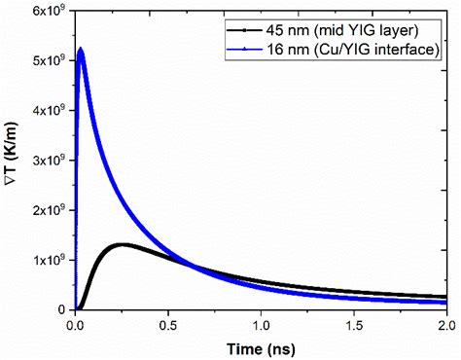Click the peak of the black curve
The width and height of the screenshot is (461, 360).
(122, 244)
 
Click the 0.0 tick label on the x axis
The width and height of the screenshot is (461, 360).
(75, 324)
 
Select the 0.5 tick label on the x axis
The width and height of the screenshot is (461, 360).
(167, 324)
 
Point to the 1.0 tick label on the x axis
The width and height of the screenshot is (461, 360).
(260, 324)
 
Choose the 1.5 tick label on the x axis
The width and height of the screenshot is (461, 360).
(352, 324)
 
